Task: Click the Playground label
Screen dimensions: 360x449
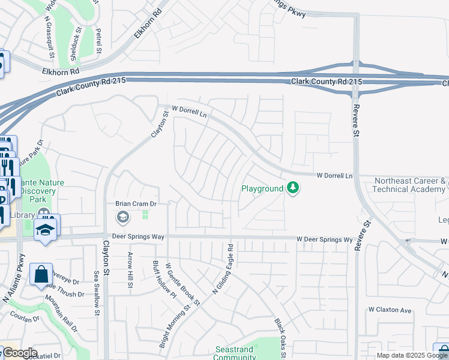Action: click(262, 188)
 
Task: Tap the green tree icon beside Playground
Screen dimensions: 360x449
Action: click(293, 188)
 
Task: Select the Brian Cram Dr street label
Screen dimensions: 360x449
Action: click(136, 204)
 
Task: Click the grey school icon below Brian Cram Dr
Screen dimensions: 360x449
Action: click(123, 217)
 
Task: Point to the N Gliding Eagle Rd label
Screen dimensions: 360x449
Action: click(223, 268)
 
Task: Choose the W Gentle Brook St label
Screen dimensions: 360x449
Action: click(182, 284)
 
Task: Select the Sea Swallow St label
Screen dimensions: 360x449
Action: click(96, 290)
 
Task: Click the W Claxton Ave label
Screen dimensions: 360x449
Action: click(390, 310)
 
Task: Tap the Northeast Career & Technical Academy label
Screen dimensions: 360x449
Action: click(409, 185)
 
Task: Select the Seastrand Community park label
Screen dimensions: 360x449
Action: click(235, 353)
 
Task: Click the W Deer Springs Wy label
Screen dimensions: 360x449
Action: click(324, 239)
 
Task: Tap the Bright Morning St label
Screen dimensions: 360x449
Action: click(173, 326)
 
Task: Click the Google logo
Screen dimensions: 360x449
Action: click(19, 353)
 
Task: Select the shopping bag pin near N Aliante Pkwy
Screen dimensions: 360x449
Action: click(41, 275)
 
